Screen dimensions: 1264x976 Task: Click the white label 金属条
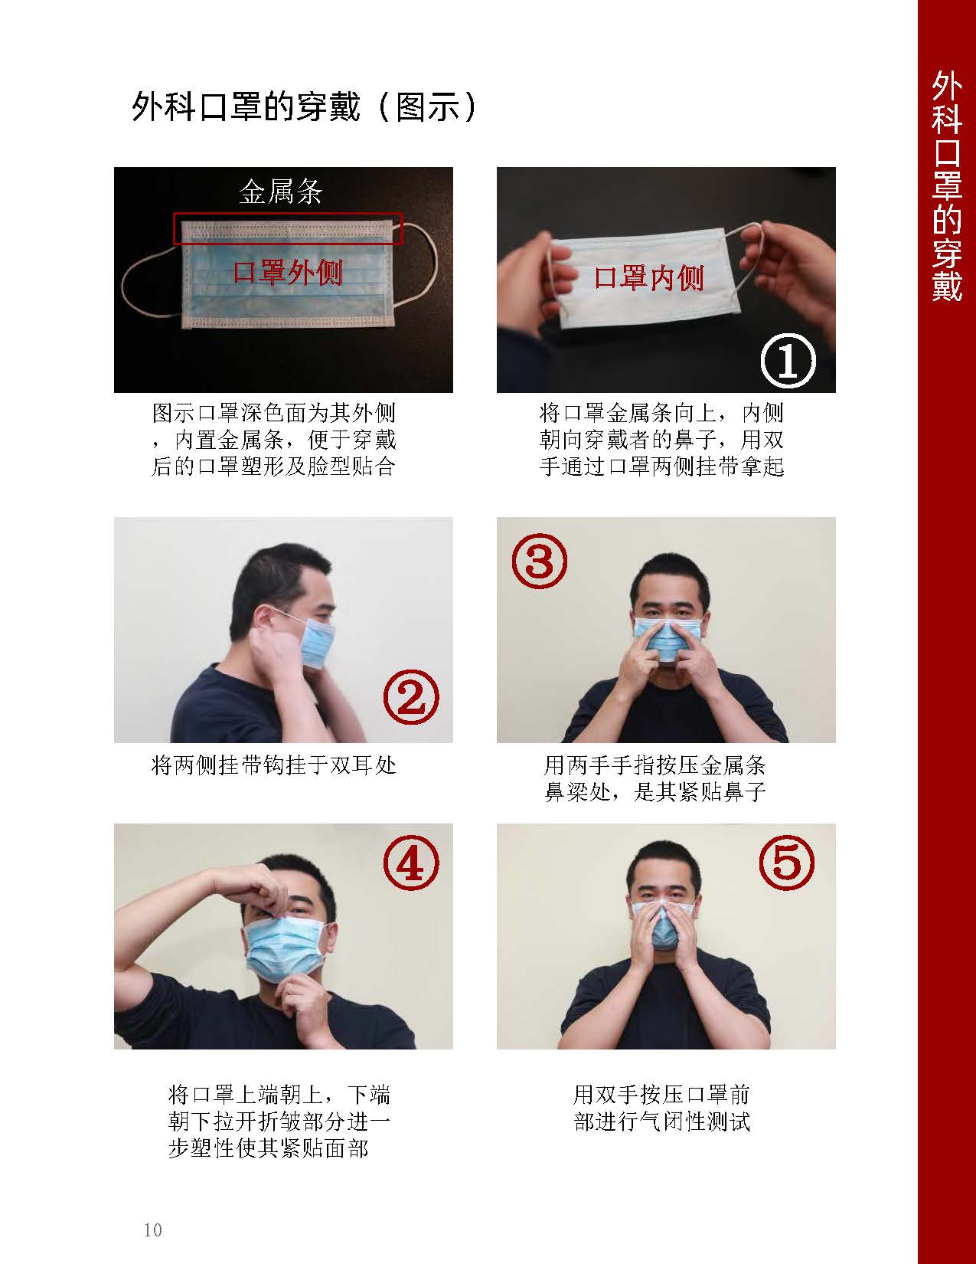(x=281, y=192)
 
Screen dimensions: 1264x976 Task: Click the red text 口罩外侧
(x=287, y=272)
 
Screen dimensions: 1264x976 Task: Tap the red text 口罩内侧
(x=649, y=277)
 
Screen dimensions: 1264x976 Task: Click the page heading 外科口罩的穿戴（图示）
(x=305, y=107)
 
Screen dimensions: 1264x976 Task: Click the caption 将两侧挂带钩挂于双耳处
(x=274, y=765)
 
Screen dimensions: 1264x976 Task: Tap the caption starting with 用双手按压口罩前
(x=662, y=1108)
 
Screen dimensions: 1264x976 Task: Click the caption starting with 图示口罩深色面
(x=274, y=440)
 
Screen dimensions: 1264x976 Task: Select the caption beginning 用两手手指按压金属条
(x=655, y=778)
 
